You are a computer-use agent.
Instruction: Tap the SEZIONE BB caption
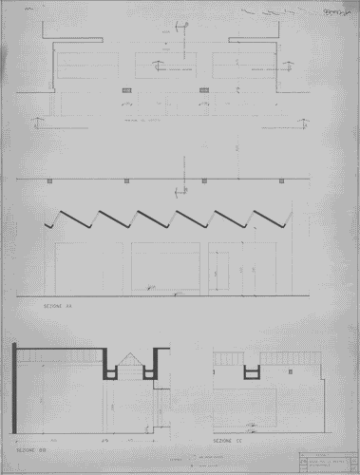point(24,444)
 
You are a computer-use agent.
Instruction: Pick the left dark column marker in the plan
point(125,90)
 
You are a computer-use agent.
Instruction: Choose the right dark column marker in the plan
point(203,90)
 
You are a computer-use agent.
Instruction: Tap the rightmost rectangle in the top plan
point(242,66)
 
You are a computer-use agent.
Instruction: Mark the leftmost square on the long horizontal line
point(47,179)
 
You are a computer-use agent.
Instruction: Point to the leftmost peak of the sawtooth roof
point(62,209)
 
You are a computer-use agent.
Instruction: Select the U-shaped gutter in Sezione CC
point(251,370)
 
